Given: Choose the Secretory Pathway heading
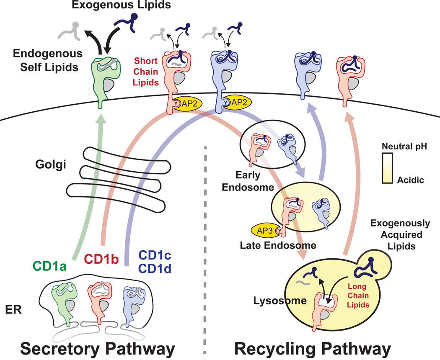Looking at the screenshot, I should tap(91, 348).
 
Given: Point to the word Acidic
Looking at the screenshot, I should tap(413, 180).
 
